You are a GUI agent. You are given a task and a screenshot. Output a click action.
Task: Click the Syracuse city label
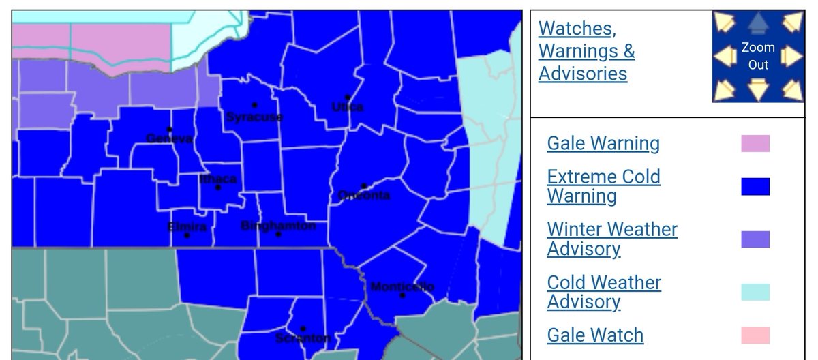coord(254,117)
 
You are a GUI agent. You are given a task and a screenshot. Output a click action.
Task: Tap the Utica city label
coord(347,107)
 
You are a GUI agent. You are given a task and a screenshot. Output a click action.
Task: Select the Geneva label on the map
coord(170,138)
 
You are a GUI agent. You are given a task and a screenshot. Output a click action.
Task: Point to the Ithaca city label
coord(218,179)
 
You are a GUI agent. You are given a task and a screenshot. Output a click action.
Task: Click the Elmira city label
coord(187,226)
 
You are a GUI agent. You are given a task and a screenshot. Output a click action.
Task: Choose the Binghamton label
coord(278,225)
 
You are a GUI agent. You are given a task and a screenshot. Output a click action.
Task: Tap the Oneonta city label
coord(364,196)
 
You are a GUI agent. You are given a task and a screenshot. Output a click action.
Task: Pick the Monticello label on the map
coord(402,286)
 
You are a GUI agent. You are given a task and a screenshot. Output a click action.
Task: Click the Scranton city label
coord(303,338)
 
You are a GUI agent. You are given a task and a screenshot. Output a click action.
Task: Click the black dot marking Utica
coord(347,97)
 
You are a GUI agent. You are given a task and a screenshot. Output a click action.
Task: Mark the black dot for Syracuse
coord(254,105)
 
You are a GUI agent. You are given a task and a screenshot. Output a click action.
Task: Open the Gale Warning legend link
coord(603,143)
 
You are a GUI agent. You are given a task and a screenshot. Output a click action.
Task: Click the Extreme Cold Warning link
coord(603,186)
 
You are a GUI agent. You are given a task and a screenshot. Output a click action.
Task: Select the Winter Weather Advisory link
coord(612,239)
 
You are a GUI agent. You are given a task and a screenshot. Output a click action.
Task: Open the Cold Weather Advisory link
coord(604,292)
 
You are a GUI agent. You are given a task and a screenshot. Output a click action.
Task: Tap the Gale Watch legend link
coord(595,335)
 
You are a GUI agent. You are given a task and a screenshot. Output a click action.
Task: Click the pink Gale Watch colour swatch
coord(755,335)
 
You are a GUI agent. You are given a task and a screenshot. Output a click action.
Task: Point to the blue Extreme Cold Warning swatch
coord(755,186)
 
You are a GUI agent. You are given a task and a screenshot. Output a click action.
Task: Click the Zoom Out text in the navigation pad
coord(758,56)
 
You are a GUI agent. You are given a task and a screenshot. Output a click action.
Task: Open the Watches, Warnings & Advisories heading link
coord(586,50)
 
